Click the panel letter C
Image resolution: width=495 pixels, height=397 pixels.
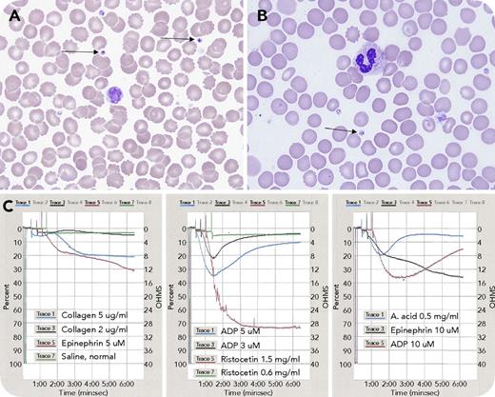click(x=10, y=204)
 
